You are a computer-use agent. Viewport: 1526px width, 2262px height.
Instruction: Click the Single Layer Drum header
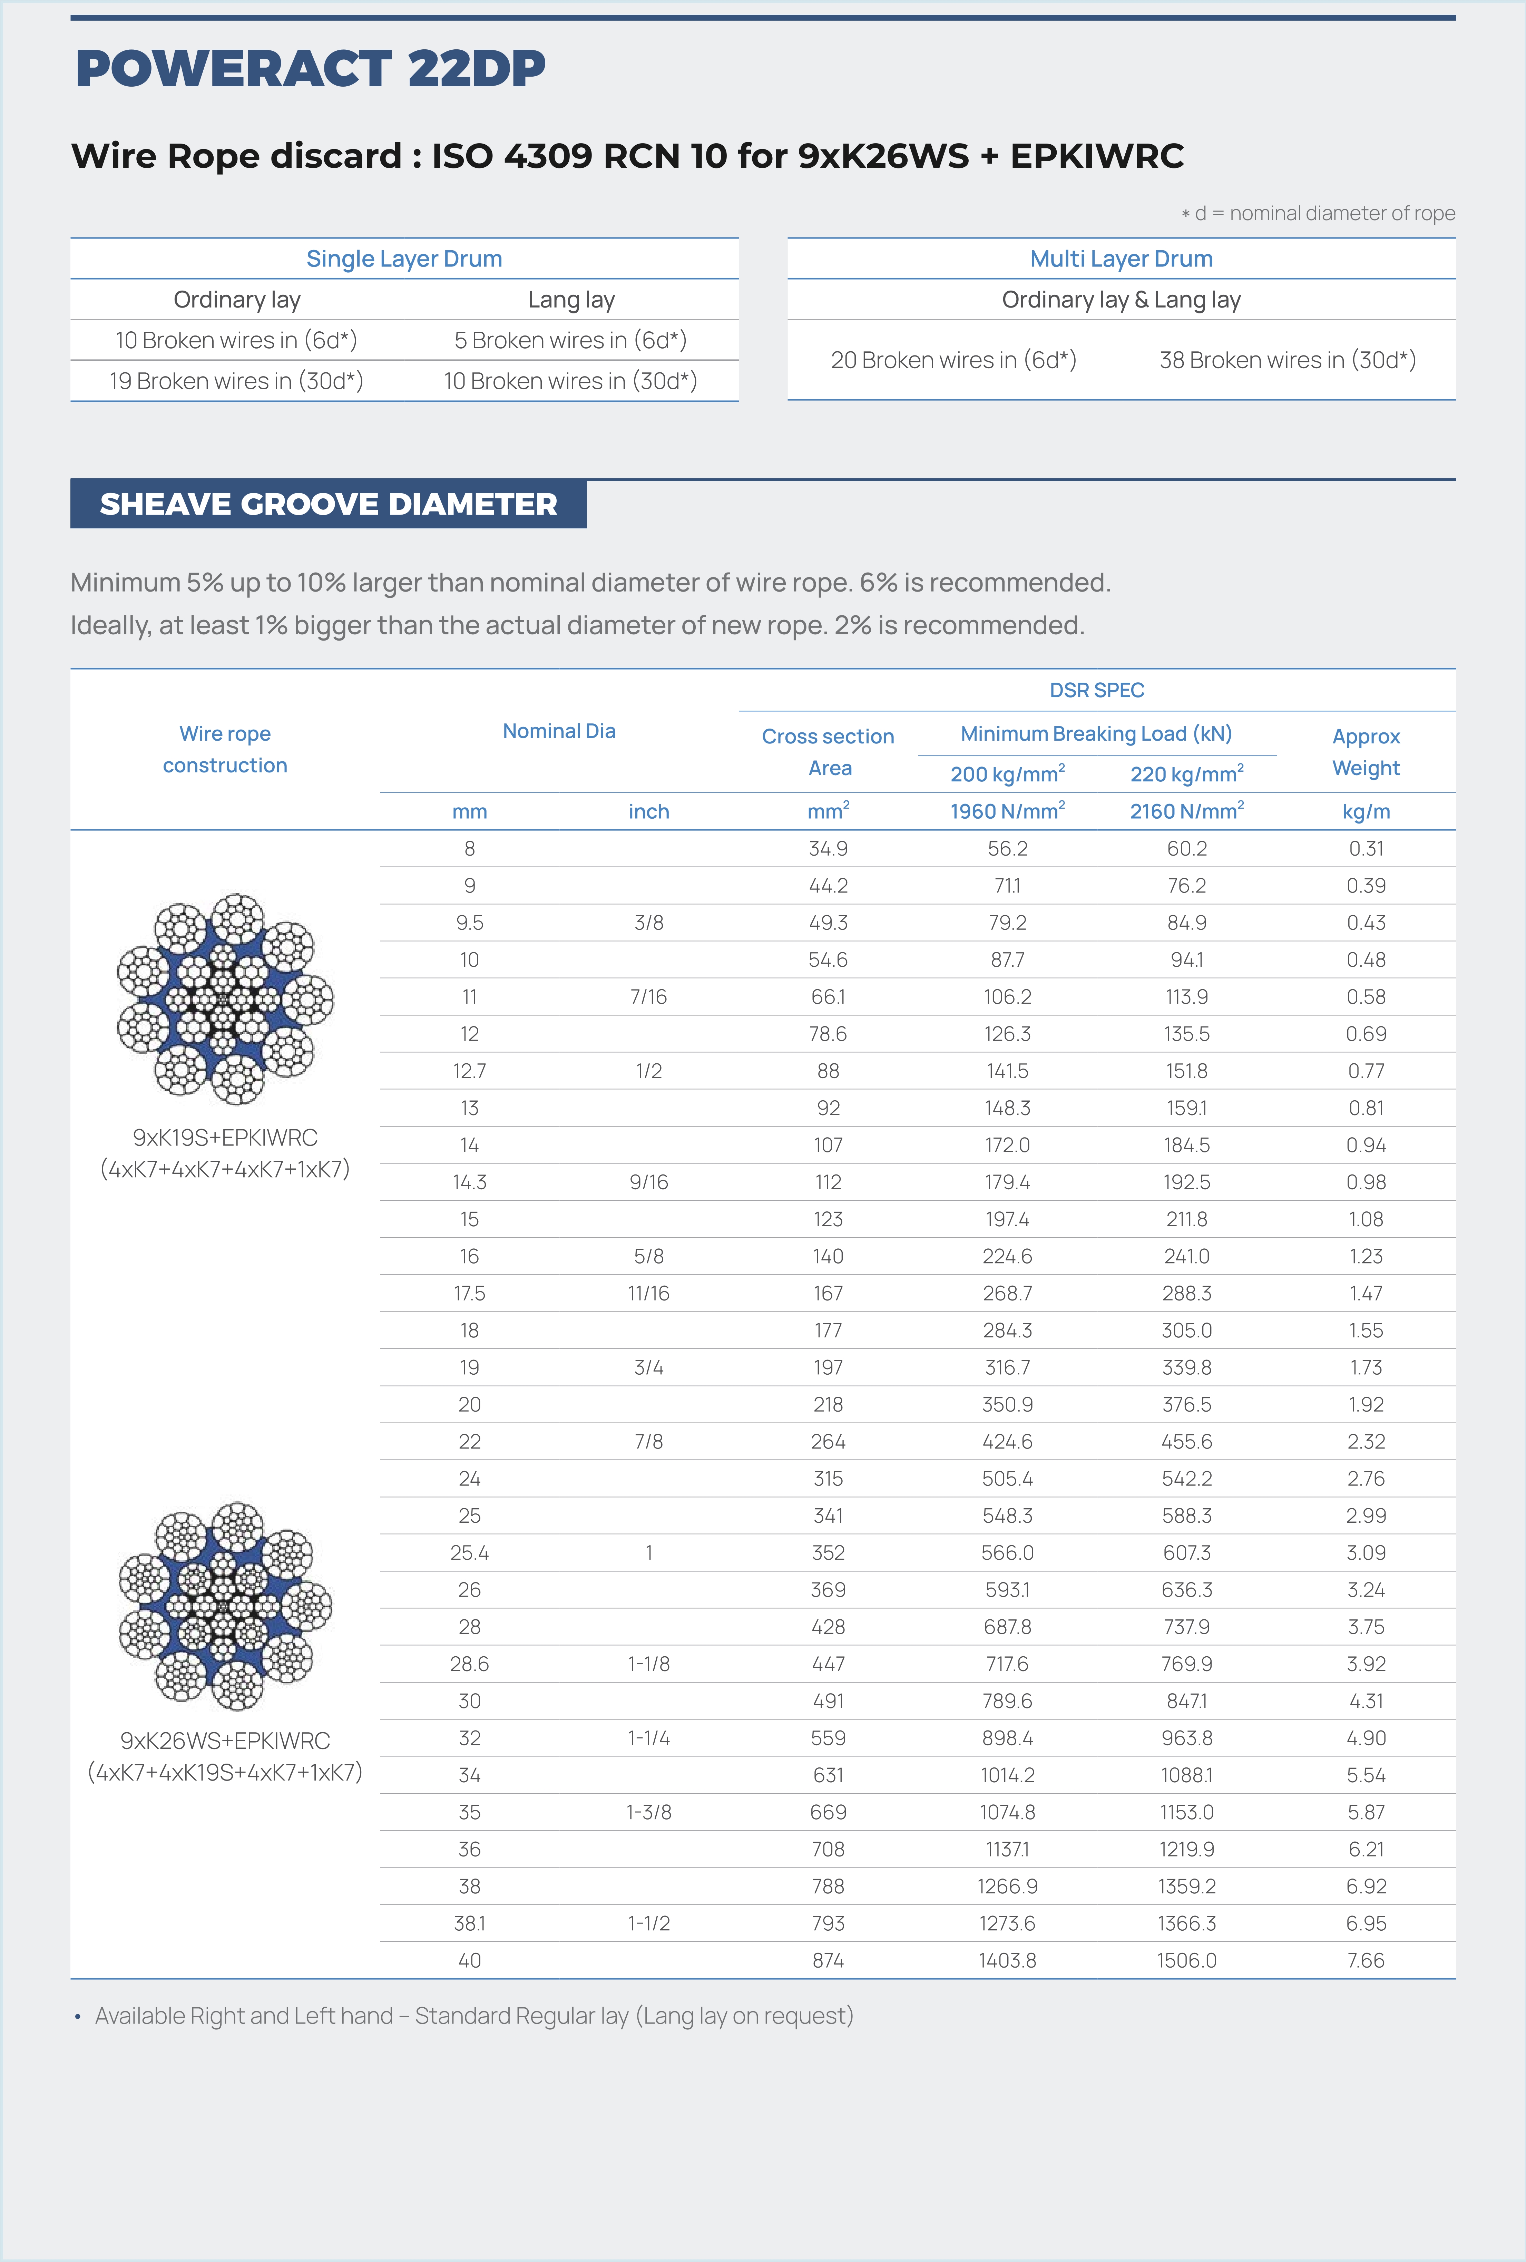click(404, 259)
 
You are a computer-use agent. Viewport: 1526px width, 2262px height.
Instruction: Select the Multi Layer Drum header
click(1121, 259)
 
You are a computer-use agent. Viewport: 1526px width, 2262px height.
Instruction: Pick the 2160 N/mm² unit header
click(1186, 811)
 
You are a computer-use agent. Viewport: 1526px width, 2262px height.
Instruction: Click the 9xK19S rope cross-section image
click(225, 998)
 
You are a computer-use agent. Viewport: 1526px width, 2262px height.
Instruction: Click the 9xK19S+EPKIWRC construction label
click(225, 1138)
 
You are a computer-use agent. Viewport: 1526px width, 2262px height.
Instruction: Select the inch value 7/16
click(648, 997)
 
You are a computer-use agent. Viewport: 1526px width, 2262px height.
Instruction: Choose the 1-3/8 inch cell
click(648, 1812)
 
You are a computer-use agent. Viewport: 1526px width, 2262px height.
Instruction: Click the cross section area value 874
click(828, 1960)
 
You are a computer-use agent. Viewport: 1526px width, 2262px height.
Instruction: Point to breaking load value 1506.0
click(1186, 1960)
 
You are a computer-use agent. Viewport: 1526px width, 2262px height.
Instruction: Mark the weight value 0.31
click(1366, 849)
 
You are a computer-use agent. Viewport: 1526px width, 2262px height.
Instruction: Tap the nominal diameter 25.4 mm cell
click(469, 1552)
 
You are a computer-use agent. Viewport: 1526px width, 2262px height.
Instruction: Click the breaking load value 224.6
click(1007, 1257)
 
